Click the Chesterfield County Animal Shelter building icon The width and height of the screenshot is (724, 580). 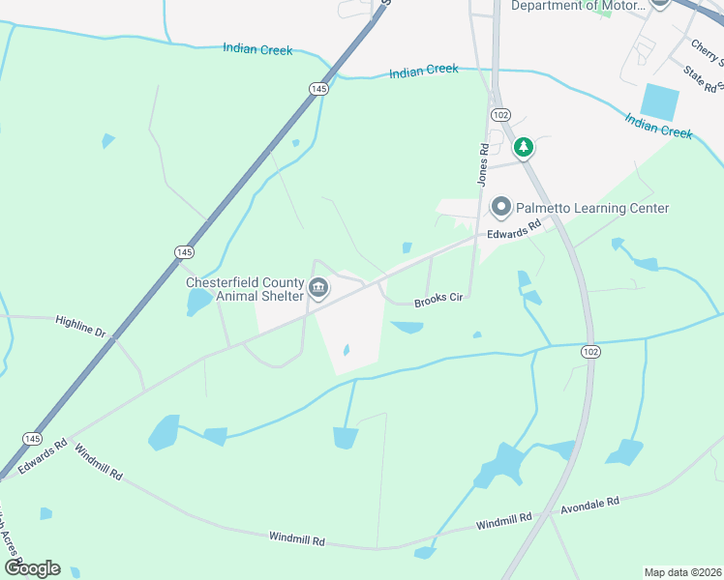318,288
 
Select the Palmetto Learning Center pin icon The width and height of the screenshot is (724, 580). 501,207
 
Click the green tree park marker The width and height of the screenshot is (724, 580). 524,148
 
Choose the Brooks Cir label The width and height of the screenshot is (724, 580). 440,300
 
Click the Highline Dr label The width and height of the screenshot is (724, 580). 80,325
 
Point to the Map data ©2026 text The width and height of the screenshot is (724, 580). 681,572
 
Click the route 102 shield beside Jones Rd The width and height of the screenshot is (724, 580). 500,114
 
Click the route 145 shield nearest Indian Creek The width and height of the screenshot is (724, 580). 318,89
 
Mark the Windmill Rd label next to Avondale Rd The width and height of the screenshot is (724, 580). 504,522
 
